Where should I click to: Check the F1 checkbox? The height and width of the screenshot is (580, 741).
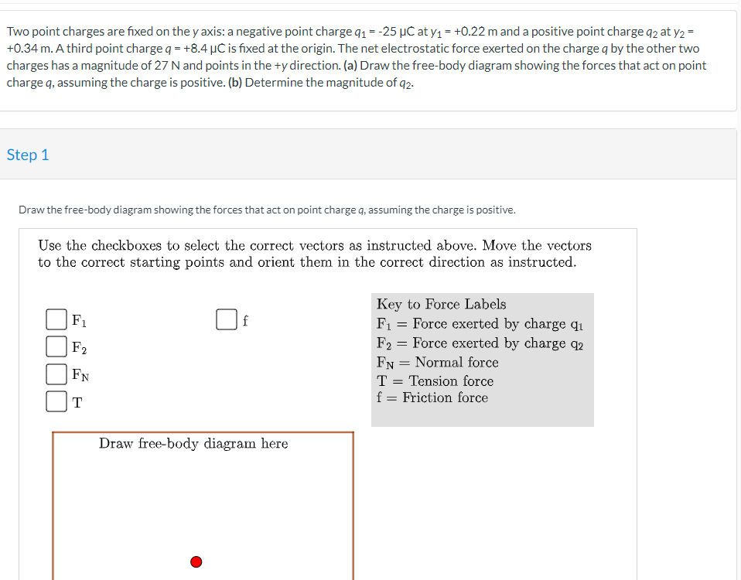click(55, 319)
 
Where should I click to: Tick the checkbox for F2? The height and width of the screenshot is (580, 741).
click(55, 346)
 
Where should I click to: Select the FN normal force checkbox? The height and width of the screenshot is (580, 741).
click(55, 374)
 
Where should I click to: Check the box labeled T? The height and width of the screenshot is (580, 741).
click(55, 401)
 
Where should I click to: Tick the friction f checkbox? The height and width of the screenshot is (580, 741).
click(225, 319)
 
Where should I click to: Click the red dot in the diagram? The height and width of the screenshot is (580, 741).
click(196, 561)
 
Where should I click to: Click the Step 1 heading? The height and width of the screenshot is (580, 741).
click(28, 155)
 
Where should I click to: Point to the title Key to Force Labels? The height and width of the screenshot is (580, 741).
click(441, 304)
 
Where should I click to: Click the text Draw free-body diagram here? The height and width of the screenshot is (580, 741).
click(193, 443)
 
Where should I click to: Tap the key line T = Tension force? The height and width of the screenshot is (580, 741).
click(435, 380)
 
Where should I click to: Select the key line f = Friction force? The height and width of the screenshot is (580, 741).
click(432, 397)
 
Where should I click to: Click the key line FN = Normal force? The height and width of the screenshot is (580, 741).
click(437, 362)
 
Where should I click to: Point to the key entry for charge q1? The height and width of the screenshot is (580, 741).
click(480, 324)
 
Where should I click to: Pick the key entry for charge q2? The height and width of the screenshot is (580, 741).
click(480, 343)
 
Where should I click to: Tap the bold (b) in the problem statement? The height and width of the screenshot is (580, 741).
click(237, 82)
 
